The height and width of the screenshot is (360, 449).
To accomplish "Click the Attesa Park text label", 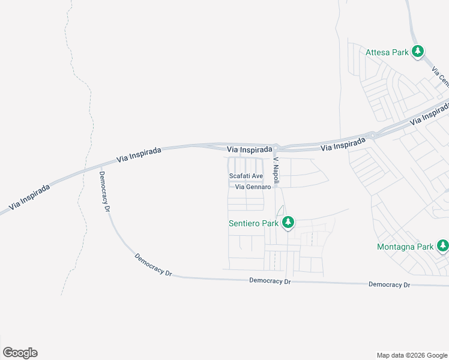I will (387, 52).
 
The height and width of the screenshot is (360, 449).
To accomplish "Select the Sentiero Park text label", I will (253, 223).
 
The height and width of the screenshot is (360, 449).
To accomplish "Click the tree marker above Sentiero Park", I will (288, 223).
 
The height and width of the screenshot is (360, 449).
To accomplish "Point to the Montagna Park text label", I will (405, 247).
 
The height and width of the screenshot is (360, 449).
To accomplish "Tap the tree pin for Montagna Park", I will (442, 245).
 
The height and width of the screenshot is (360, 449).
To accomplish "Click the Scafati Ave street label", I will (246, 176).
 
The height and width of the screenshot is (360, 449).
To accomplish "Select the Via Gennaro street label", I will (253, 187).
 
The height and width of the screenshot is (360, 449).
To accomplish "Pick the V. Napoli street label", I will (276, 170).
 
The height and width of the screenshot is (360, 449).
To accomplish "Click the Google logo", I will (20, 353).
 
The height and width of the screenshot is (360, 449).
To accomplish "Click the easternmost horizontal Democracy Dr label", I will (389, 284).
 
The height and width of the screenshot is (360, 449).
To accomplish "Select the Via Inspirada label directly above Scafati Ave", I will (246, 149).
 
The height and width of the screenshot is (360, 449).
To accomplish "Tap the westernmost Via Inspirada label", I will (29, 196).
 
